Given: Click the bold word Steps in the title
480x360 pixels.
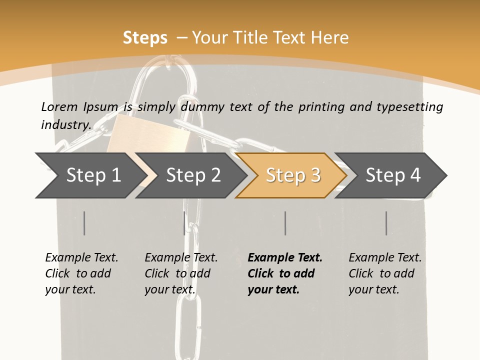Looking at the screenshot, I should click(145, 38).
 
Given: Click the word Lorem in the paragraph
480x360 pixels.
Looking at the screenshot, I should click(59, 106).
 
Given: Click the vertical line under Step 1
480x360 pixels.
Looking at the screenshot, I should click(84, 223).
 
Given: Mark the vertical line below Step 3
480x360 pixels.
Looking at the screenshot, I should click(285, 223).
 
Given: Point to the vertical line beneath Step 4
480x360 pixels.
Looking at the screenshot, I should click(386, 223).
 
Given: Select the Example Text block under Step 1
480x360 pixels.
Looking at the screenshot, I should click(81, 273).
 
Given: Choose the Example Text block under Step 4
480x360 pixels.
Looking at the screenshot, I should click(385, 273).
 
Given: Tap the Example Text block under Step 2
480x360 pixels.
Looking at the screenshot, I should click(181, 273).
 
